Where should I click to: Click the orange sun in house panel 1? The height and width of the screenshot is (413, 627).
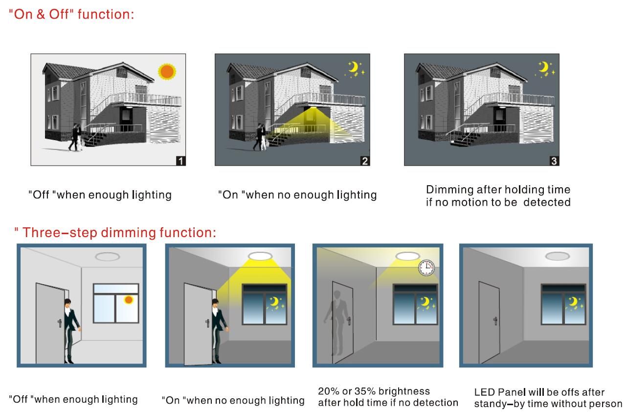tap(167, 72)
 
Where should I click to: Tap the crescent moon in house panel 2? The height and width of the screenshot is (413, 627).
tap(354, 67)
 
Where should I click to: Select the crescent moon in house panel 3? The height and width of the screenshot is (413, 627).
tap(543, 67)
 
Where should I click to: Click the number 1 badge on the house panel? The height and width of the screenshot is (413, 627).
tap(181, 161)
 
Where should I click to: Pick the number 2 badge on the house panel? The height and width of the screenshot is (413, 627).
tap(365, 161)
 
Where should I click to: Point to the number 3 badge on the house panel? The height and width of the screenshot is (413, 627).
tap(554, 161)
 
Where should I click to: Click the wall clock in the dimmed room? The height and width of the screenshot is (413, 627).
tap(426, 268)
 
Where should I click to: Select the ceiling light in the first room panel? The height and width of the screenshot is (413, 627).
tap(108, 257)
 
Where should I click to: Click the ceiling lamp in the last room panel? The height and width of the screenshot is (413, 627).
tap(557, 256)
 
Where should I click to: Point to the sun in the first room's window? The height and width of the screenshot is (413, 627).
tap(129, 300)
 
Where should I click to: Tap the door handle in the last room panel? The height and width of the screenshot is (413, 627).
tap(495, 321)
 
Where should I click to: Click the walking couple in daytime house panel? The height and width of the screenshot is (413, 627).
tap(75, 137)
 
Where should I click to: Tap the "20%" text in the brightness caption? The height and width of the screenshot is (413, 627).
tap(328, 391)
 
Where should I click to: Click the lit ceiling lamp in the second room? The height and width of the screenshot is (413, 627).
tap(260, 256)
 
